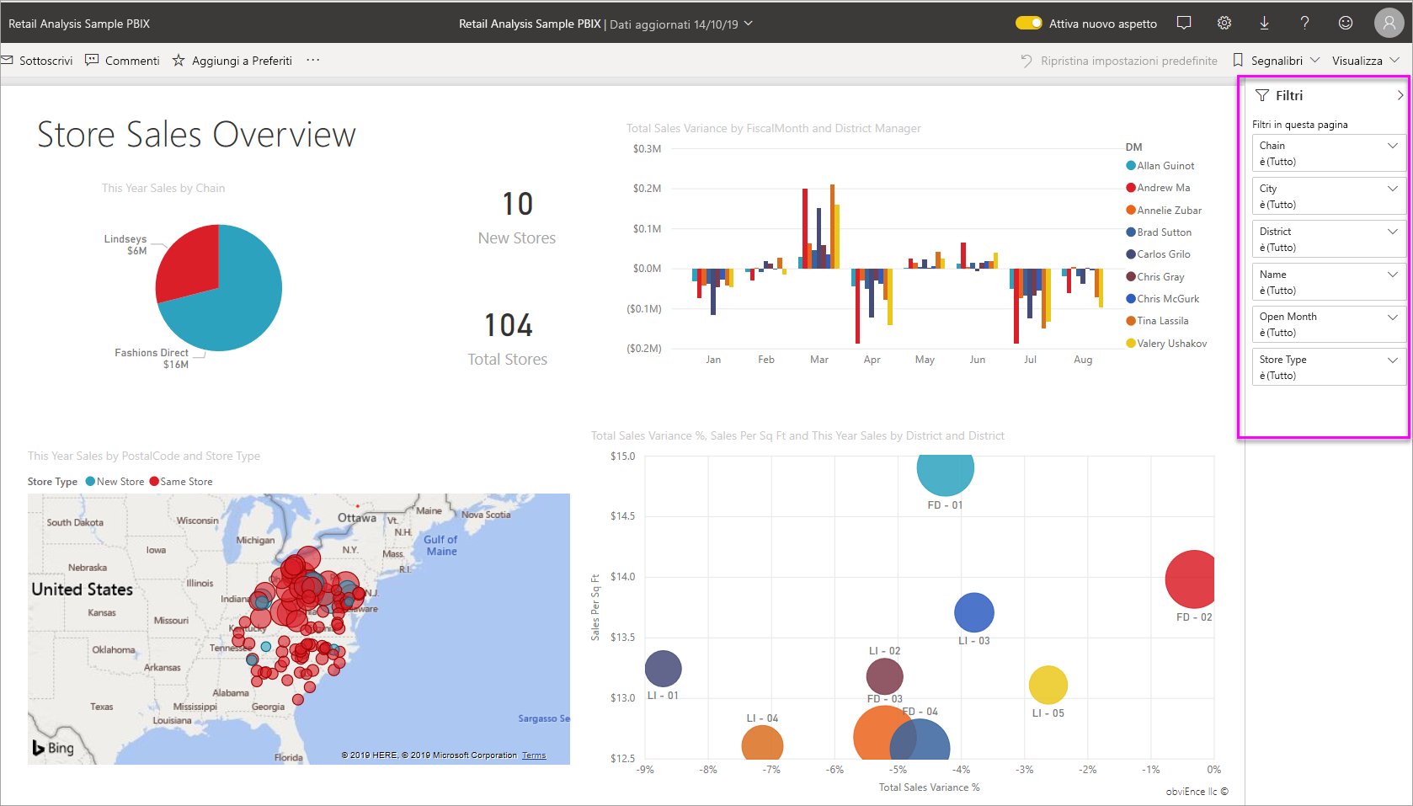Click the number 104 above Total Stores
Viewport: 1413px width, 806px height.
(508, 325)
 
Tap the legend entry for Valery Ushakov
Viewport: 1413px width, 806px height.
(1170, 344)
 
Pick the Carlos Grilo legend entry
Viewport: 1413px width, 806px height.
(1163, 254)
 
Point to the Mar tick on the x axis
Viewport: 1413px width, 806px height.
(818, 360)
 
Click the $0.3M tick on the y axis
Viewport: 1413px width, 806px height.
(647, 149)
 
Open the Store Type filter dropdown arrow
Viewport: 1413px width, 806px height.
(1392, 360)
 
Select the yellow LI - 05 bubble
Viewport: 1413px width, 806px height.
(1048, 685)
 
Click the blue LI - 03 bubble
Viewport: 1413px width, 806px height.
(973, 612)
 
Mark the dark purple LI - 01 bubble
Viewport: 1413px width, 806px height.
(663, 669)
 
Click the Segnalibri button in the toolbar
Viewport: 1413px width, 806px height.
(1276, 61)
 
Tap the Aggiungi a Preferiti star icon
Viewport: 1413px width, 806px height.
(179, 61)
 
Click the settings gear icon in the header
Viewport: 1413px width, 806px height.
(1224, 24)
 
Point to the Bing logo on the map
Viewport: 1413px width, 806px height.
(53, 748)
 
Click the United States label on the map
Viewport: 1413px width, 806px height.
(83, 590)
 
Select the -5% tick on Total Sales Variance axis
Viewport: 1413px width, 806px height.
(898, 770)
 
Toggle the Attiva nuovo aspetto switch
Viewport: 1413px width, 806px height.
(1028, 24)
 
